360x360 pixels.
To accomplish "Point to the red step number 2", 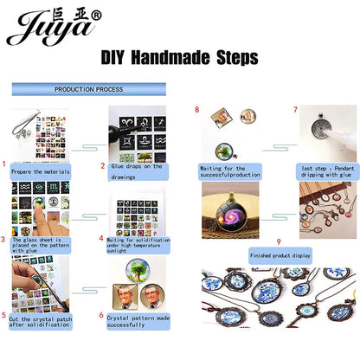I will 102,164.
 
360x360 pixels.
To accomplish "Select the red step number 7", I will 294,110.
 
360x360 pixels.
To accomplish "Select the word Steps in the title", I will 234,59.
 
